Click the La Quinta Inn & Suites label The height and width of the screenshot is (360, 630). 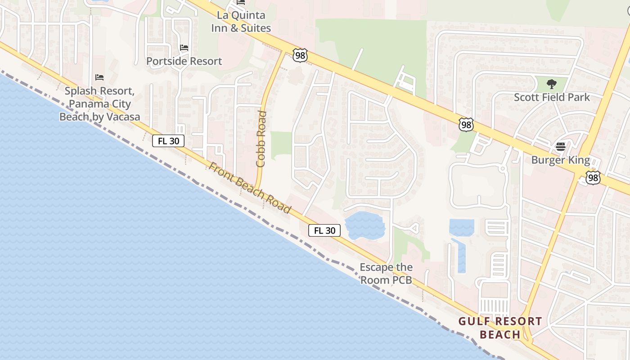pyautogui.click(x=241, y=22)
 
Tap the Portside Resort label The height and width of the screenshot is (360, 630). pyautogui.click(x=184, y=61)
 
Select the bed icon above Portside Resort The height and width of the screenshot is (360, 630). pyautogui.click(x=184, y=47)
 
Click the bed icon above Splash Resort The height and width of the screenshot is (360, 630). pyautogui.click(x=99, y=77)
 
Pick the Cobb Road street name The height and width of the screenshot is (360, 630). pyautogui.click(x=261, y=139)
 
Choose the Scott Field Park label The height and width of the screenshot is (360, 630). pyautogui.click(x=552, y=97)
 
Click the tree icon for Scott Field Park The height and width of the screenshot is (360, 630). pyautogui.click(x=551, y=84)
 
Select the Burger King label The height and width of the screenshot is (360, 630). pyautogui.click(x=560, y=160)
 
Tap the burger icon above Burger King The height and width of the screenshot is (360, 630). pyautogui.click(x=560, y=147)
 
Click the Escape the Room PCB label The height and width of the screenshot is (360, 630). pyautogui.click(x=386, y=274)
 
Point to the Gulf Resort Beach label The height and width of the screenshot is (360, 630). pyautogui.click(x=500, y=328)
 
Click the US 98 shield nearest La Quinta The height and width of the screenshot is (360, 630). pyautogui.click(x=300, y=55)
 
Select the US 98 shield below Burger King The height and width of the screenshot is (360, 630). pyautogui.click(x=593, y=178)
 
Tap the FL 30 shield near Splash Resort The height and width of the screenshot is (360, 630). pyautogui.click(x=168, y=141)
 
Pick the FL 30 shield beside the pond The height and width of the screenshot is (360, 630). pyautogui.click(x=324, y=231)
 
